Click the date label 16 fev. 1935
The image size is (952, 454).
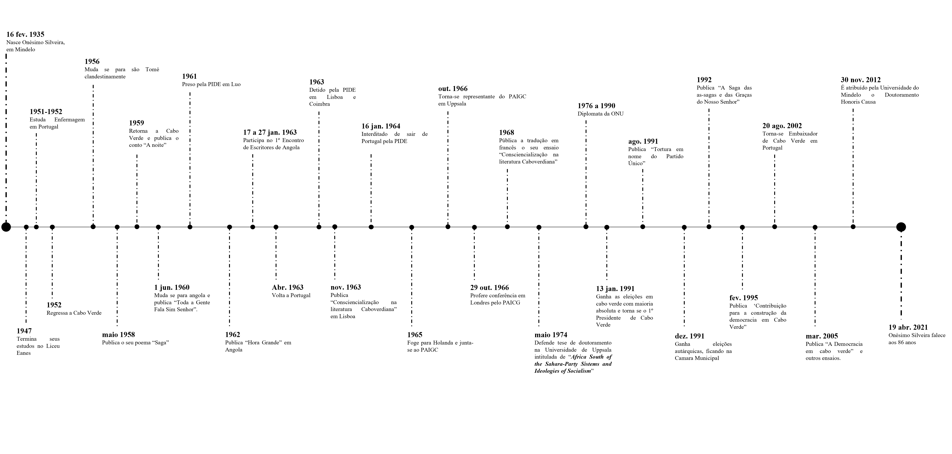point(25,34)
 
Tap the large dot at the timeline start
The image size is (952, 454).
point(6,227)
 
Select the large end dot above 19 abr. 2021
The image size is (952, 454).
point(901,227)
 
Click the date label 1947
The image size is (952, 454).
point(24,331)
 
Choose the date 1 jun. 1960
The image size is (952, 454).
point(172,287)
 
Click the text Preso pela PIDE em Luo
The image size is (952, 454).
point(211,84)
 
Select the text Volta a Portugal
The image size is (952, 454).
point(291,295)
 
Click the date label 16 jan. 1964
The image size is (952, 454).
point(381,126)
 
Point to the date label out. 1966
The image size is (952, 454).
point(453,89)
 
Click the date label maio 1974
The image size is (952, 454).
point(551,335)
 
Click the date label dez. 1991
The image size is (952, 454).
point(690,336)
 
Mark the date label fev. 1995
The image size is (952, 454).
point(744,298)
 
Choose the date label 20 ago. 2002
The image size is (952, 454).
point(782,126)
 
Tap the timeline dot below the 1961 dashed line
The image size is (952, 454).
point(190,227)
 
